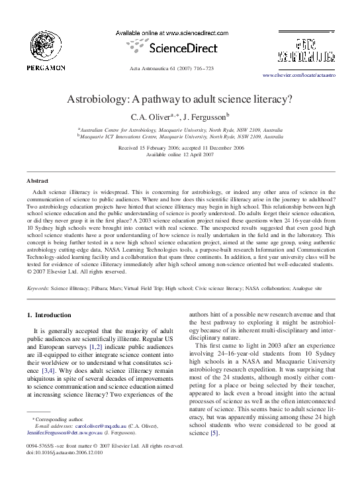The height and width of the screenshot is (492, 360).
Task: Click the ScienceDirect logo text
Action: point(181,48)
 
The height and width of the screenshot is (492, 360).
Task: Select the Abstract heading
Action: point(36,181)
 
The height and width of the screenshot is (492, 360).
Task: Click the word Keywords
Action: point(37,289)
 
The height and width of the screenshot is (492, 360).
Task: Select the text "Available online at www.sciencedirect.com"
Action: point(172,32)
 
